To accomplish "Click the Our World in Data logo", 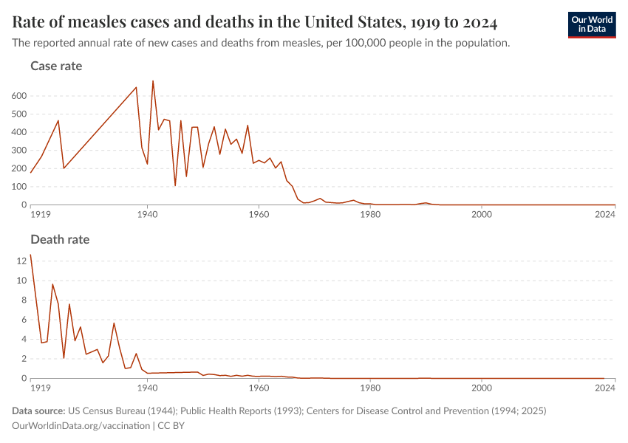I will click(591, 24).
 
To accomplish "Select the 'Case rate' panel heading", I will click(56, 66).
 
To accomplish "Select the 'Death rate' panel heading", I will click(60, 239).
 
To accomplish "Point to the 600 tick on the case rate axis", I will click(19, 96).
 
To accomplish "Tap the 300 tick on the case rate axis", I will click(19, 151).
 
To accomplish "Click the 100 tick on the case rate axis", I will click(19, 187).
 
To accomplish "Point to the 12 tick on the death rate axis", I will click(22, 261).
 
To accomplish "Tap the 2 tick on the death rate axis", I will click(24, 359).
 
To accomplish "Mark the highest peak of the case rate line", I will click(153, 81).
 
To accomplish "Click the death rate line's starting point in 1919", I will click(30, 255).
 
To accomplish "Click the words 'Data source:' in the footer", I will click(38, 411).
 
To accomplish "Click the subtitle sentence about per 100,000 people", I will click(261, 43).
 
